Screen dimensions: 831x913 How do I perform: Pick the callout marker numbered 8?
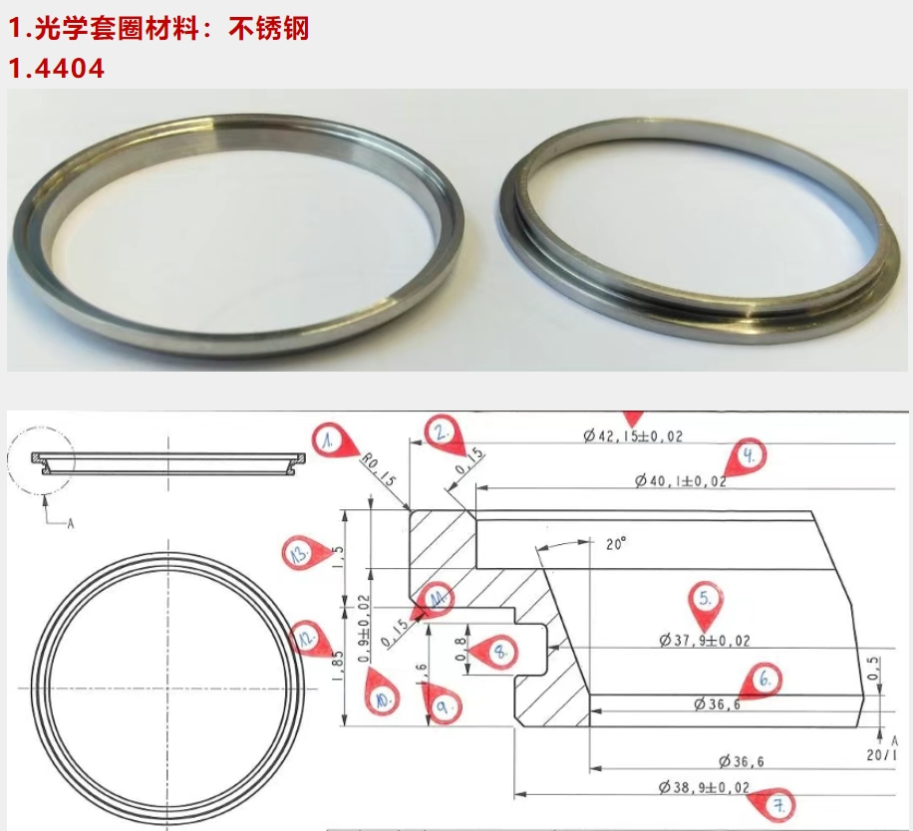pyautogui.click(x=499, y=652)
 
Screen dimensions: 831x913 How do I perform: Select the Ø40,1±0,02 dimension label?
pyautogui.click(x=681, y=481)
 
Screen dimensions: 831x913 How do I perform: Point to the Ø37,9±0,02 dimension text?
pyautogui.click(x=705, y=641)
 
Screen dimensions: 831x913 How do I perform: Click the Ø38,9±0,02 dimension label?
pyautogui.click(x=705, y=787)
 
